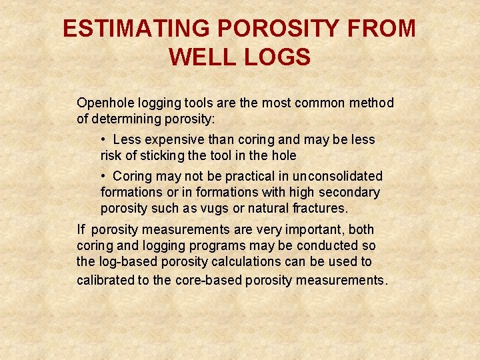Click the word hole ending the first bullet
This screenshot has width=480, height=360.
(x=282, y=156)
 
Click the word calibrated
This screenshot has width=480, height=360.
(x=105, y=280)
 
